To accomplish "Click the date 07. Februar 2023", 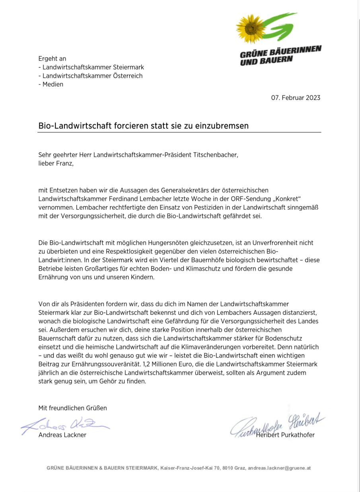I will pyautogui.click(x=296, y=98).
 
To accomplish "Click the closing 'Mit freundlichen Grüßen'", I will pyautogui.click(x=72, y=408).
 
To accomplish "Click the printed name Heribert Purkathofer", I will pyautogui.click(x=285, y=435).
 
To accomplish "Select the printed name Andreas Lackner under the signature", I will pyautogui.click(x=62, y=435).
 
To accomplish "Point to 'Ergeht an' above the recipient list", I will pyautogui.click(x=52, y=59).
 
